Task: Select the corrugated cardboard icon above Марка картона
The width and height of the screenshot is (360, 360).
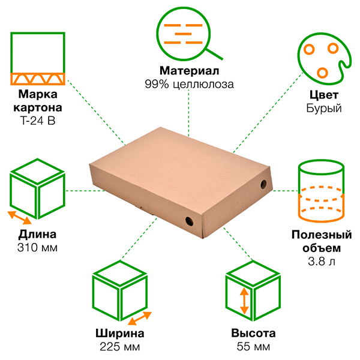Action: click(38, 79)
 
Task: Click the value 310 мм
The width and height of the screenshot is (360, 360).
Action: click(37, 248)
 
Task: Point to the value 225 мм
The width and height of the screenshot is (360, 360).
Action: click(120, 347)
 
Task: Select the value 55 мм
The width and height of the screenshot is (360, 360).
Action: click(253, 347)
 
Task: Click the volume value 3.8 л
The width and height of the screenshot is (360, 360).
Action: click(322, 262)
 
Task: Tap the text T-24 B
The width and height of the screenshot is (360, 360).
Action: click(38, 121)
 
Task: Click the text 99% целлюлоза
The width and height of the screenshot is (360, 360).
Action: click(189, 84)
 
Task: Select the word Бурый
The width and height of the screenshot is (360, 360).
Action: click(324, 108)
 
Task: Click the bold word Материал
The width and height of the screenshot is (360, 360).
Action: click(189, 71)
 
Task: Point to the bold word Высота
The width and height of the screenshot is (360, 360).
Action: click(253, 333)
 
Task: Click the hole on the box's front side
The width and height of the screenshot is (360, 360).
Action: click(189, 221)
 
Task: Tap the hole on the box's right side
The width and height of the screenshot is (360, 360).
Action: click(263, 184)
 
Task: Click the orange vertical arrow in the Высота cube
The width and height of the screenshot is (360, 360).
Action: click(244, 301)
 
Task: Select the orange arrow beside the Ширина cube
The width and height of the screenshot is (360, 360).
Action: click(140, 319)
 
